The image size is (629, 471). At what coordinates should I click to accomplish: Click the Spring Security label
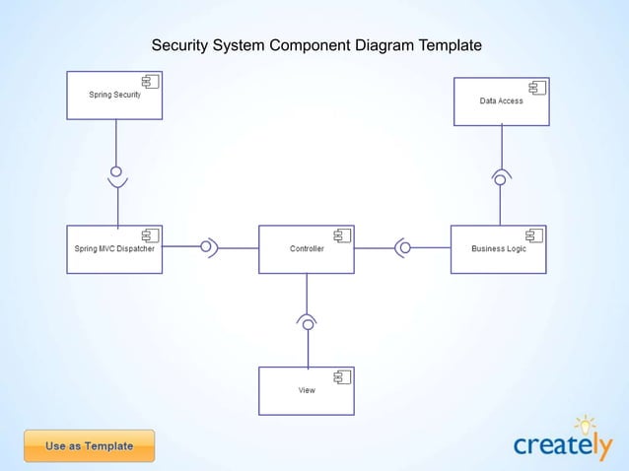coord(114,95)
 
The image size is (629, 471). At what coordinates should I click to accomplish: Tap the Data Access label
coord(501,101)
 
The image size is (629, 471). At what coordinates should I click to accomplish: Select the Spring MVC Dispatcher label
coord(114,248)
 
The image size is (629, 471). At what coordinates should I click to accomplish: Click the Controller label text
coord(307,248)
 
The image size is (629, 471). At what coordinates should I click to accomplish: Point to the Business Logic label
coord(498,248)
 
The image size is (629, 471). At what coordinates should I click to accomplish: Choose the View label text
coord(307,390)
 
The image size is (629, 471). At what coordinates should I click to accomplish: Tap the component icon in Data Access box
coord(537,89)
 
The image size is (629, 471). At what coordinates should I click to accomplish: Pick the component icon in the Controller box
coord(343,235)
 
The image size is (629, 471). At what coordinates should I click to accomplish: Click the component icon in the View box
coord(343,377)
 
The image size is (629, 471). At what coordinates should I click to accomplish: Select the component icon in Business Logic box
coord(534,235)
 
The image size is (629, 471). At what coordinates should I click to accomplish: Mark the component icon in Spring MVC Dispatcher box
coord(151,235)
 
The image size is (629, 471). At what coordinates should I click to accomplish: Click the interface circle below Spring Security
coord(116,170)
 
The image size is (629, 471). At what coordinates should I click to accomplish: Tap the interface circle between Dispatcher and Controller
coord(205,247)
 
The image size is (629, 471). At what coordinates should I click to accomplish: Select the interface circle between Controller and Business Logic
coord(404,247)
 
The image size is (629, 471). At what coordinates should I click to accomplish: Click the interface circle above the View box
coord(308,324)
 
